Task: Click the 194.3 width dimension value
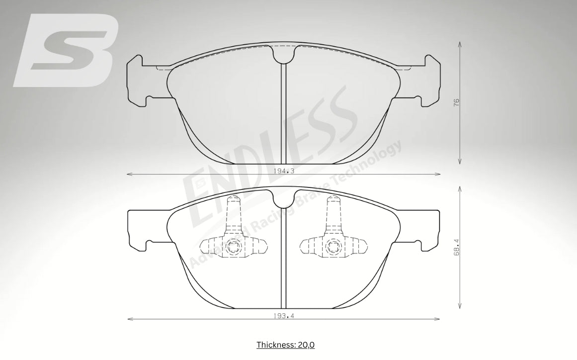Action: click(x=284, y=171)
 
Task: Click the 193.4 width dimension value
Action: click(x=284, y=315)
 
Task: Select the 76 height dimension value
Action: click(x=457, y=102)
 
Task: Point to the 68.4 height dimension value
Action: click(x=457, y=247)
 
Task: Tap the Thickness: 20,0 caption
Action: click(x=286, y=345)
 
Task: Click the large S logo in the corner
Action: click(x=66, y=50)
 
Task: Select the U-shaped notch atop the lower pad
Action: click(x=284, y=199)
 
